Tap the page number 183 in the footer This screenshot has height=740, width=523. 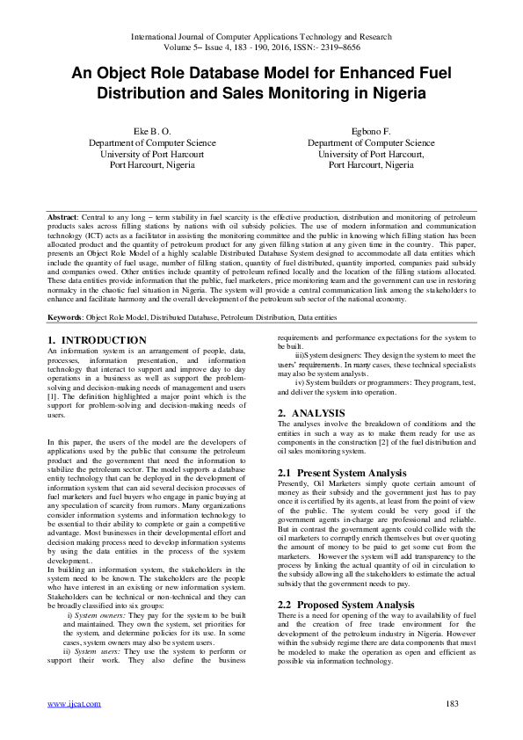(x=454, y=704)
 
